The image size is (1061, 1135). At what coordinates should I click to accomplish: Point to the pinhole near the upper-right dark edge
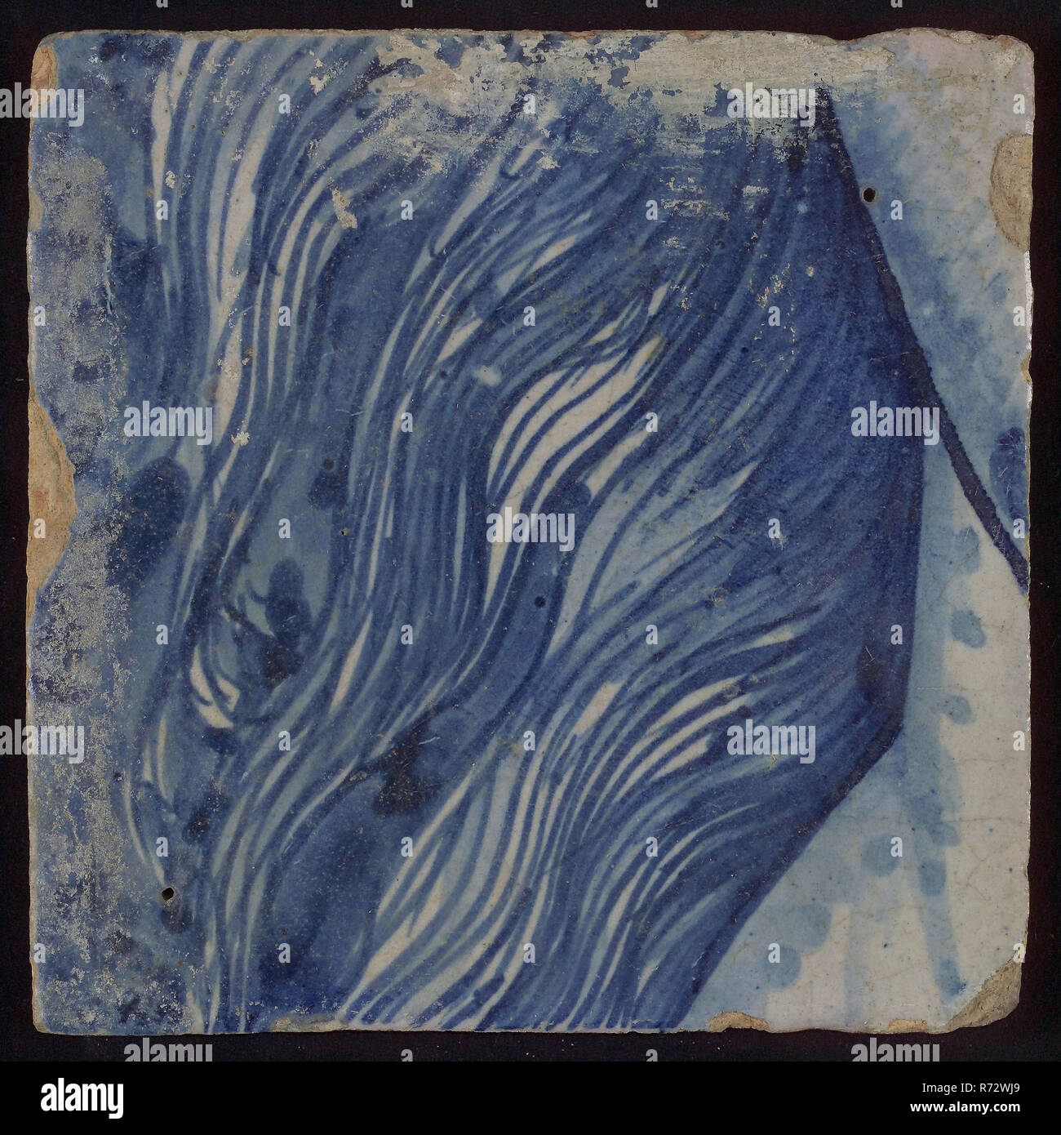pyautogui.click(x=870, y=194)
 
